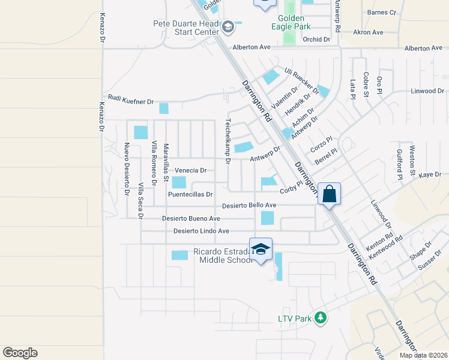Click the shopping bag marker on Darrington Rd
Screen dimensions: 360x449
[x=329, y=194]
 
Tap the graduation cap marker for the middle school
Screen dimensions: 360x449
[x=261, y=250]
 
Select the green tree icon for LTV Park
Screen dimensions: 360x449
[x=321, y=317]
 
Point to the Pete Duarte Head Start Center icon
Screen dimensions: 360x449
[x=228, y=26]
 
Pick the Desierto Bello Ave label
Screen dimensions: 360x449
[x=249, y=205]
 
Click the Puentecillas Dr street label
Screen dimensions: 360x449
[x=190, y=194]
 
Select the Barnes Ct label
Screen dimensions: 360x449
[x=381, y=12]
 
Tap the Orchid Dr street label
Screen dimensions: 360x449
[x=317, y=40]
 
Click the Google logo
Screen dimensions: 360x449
[x=20, y=353]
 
